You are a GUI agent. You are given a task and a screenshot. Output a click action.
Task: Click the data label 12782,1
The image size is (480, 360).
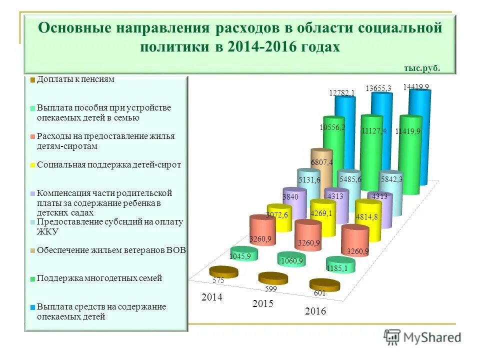[x=342, y=92]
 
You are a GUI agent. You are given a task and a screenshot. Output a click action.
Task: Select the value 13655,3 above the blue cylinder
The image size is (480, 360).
[x=378, y=88]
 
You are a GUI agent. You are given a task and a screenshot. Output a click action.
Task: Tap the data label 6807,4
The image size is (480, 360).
[x=322, y=162]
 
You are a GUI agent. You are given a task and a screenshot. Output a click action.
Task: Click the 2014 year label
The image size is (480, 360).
[x=211, y=297]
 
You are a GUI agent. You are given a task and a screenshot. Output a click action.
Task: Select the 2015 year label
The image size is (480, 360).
[x=262, y=303]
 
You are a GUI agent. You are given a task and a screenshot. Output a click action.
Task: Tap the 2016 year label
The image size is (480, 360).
[x=315, y=311]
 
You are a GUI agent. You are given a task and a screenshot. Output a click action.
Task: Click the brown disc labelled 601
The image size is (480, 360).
[x=324, y=285]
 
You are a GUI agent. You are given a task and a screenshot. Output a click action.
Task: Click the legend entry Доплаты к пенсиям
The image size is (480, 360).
[x=75, y=79]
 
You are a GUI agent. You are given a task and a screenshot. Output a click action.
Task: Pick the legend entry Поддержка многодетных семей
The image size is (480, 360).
[x=99, y=278]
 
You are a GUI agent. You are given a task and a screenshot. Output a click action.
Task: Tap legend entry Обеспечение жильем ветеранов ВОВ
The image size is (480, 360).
[x=111, y=250]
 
